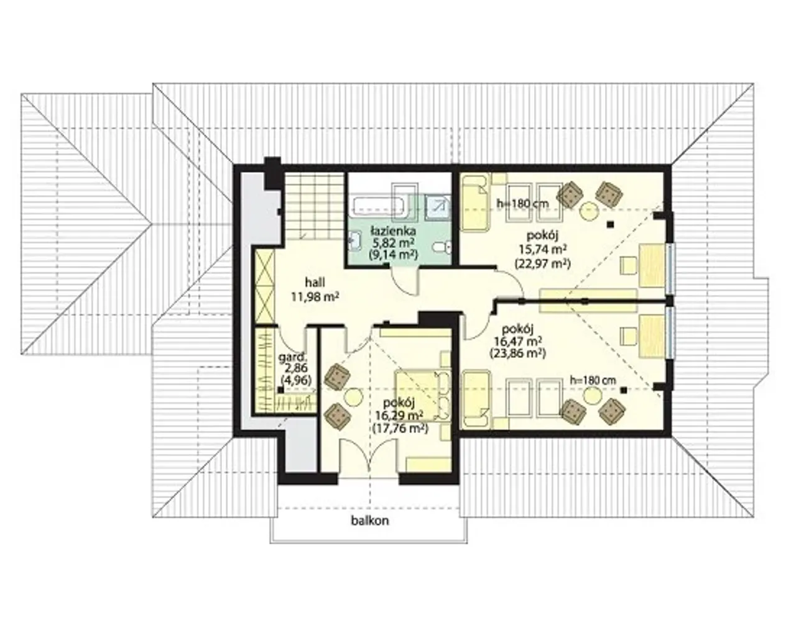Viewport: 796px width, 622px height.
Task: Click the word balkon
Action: (369, 520)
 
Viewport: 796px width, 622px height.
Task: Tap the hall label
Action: (315, 282)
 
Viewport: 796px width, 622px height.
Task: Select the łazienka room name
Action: (393, 231)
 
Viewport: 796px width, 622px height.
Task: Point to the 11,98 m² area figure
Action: (315, 297)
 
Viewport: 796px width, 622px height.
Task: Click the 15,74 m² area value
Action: (543, 249)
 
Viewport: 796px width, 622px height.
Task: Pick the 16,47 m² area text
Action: (518, 341)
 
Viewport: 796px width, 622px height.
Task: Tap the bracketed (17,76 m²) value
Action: (400, 428)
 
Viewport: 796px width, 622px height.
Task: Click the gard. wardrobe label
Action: (292, 357)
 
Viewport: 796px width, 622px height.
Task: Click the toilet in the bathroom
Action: (442, 248)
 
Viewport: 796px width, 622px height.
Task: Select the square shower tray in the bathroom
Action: (437, 207)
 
